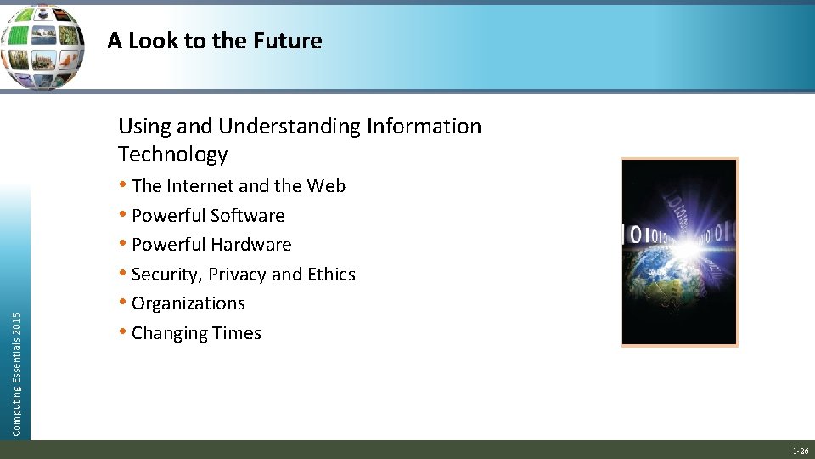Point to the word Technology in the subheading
pyautogui.click(x=173, y=155)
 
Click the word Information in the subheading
pyautogui.click(x=424, y=127)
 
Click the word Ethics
pyautogui.click(x=331, y=275)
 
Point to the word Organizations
pyautogui.click(x=188, y=303)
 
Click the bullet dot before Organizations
pyautogui.click(x=124, y=303)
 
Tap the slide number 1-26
pyautogui.click(x=800, y=451)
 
